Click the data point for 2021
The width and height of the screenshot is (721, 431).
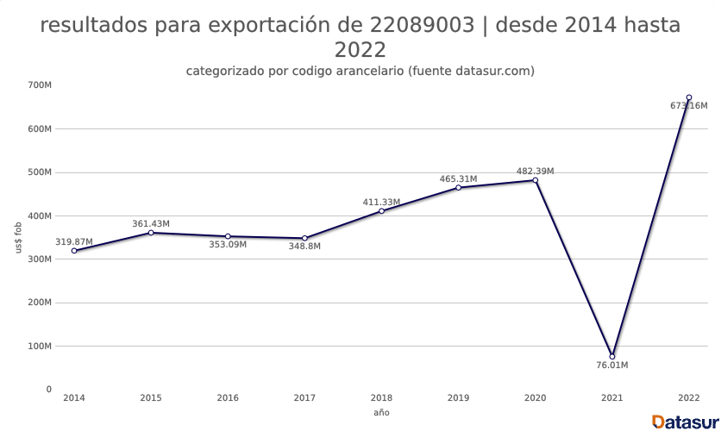click(x=612, y=356)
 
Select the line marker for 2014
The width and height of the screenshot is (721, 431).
click(x=74, y=251)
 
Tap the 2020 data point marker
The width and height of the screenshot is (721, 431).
click(x=536, y=180)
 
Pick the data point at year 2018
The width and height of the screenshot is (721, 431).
click(x=381, y=211)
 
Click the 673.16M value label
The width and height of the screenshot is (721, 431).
click(x=688, y=106)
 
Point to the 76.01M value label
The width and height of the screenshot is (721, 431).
click(x=612, y=365)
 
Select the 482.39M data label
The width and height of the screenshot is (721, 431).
click(x=536, y=172)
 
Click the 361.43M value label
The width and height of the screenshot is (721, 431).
click(x=151, y=224)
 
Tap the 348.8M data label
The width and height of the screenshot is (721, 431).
click(x=304, y=247)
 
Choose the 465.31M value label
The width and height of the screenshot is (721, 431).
click(x=458, y=179)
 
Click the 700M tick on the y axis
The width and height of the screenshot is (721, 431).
click(x=40, y=85)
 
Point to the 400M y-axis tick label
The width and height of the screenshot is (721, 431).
click(x=40, y=215)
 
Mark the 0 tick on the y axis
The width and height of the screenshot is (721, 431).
click(x=48, y=390)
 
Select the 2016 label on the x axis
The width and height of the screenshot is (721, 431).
click(x=228, y=398)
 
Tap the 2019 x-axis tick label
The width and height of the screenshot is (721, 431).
click(x=458, y=398)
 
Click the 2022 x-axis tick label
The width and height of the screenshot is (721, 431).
click(x=688, y=398)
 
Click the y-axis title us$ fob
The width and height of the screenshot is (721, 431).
click(x=19, y=237)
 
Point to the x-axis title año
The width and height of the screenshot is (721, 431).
click(x=381, y=414)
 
